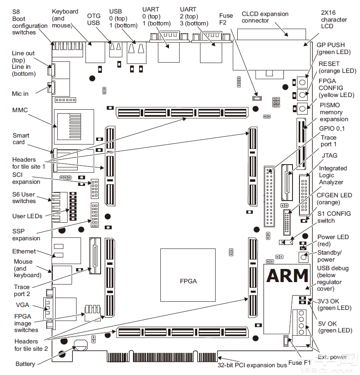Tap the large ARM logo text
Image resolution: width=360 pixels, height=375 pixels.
pos(287,276)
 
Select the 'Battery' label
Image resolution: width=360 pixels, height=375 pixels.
pos(25,364)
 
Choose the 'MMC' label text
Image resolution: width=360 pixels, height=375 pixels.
pos(20,110)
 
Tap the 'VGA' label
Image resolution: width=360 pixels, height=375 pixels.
pos(22,305)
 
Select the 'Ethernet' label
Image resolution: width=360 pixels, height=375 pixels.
pos(24,251)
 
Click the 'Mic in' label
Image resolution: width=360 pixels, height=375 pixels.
pos(20,94)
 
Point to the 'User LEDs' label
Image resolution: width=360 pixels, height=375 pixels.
pos(27,216)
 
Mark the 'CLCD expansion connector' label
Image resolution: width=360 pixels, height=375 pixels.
pos(265,17)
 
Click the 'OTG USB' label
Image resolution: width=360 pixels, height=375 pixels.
pos(94,19)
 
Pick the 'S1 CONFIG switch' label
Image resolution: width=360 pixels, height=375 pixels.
pos(334,217)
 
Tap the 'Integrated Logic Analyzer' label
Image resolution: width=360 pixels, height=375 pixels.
pos(333,175)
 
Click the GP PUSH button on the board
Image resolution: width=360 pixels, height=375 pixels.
pos(302,82)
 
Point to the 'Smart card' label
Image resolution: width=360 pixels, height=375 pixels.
pos(21,139)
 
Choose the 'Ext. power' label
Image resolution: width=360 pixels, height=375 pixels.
pos(333,357)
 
